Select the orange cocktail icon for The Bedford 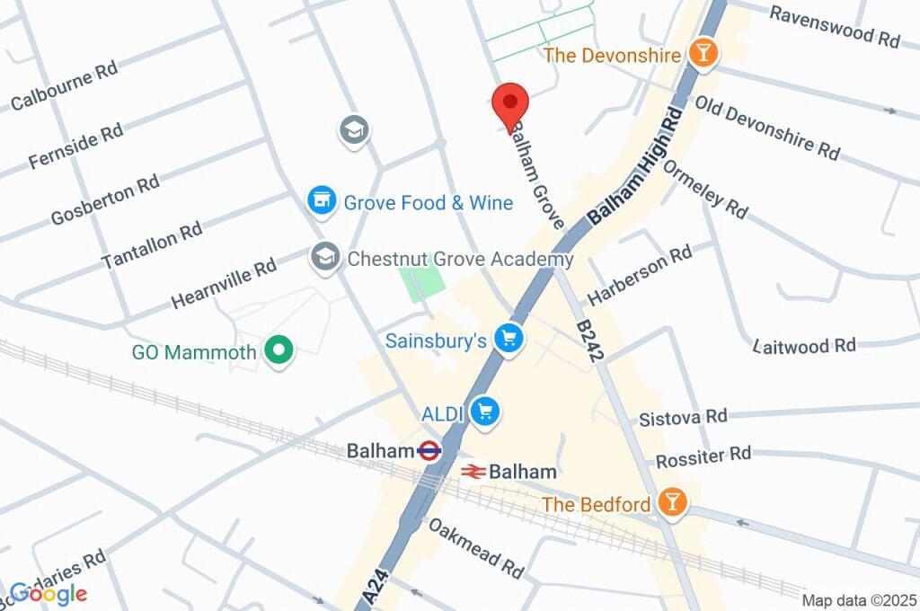click(x=671, y=502)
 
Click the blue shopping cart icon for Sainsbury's click(x=510, y=340)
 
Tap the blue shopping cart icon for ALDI click(x=485, y=412)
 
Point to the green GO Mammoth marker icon click(x=279, y=352)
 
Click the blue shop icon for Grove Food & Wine click(x=321, y=201)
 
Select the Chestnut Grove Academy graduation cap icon click(x=324, y=259)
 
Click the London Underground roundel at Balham click(x=429, y=451)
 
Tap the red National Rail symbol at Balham click(x=474, y=471)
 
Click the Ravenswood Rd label click(x=835, y=27)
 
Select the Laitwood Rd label click(x=804, y=345)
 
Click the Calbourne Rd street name click(x=65, y=86)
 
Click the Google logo click(x=49, y=593)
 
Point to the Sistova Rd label click(x=683, y=417)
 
